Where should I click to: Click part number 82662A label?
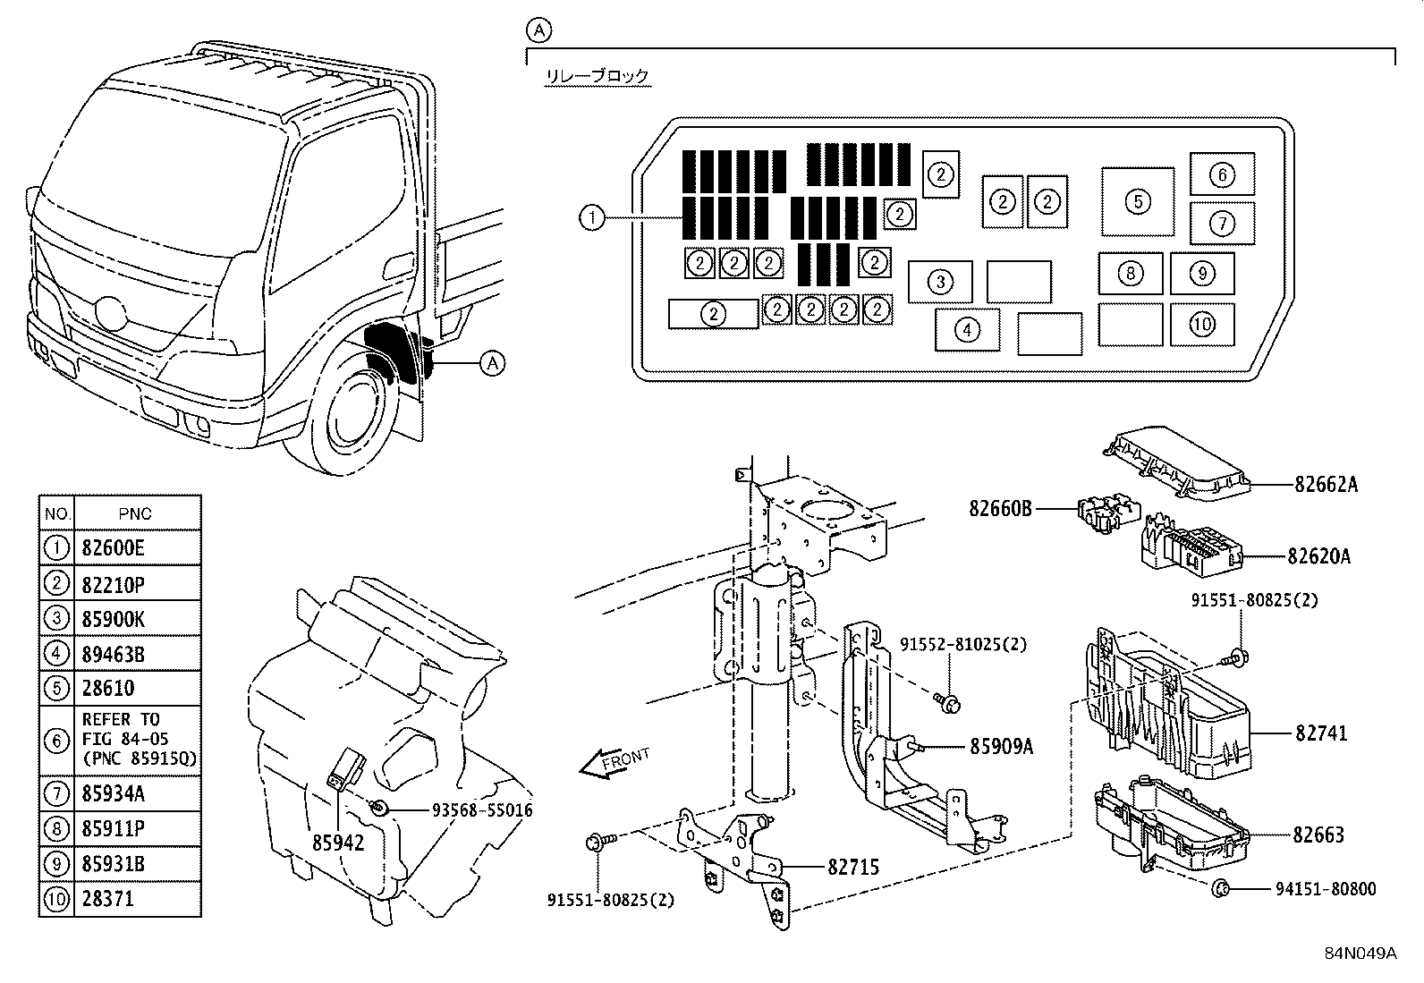(x=1326, y=485)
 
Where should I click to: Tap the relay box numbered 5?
(x=1138, y=201)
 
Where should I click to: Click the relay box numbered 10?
(x=1202, y=324)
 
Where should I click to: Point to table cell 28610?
(x=108, y=689)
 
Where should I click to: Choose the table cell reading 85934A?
(x=113, y=793)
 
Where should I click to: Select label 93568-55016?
(x=482, y=810)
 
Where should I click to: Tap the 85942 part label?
(x=338, y=843)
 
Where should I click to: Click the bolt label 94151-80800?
(x=1326, y=889)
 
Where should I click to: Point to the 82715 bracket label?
(x=852, y=867)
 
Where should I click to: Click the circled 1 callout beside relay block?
(x=592, y=217)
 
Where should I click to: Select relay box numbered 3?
(x=940, y=283)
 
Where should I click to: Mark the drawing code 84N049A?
(x=1360, y=953)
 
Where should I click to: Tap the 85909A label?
(x=1001, y=745)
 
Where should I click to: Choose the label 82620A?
(x=1318, y=556)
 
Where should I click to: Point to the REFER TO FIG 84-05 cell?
(x=138, y=740)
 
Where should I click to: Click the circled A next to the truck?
(x=492, y=363)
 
